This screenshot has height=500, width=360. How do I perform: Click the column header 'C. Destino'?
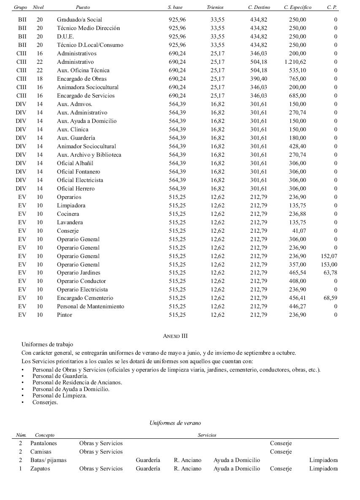click(x=259, y=7)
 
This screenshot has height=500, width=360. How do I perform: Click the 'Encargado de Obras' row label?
click(x=82, y=79)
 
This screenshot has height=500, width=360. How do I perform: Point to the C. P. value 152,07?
click(x=329, y=256)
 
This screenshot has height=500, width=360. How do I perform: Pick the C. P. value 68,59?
click(x=330, y=298)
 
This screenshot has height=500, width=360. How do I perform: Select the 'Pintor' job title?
click(x=65, y=315)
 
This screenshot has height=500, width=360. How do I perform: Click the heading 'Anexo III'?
click(x=175, y=336)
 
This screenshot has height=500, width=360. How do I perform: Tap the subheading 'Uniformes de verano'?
click(x=175, y=423)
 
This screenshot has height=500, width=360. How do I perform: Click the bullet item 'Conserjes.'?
click(x=45, y=402)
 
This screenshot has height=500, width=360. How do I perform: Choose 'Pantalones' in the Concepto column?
click(x=43, y=443)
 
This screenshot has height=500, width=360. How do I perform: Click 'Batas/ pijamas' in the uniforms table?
click(x=48, y=460)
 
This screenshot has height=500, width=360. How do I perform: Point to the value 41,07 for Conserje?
click(x=299, y=231)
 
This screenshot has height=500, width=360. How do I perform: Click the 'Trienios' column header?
click(x=215, y=7)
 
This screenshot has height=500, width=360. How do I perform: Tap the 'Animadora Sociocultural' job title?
click(x=88, y=87)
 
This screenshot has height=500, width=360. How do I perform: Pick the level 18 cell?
click(x=40, y=79)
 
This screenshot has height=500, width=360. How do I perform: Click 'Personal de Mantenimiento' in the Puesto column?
click(x=91, y=306)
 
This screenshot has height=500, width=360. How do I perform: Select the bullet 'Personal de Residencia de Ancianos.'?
click(x=77, y=382)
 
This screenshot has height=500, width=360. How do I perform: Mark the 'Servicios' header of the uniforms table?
click(x=207, y=435)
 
